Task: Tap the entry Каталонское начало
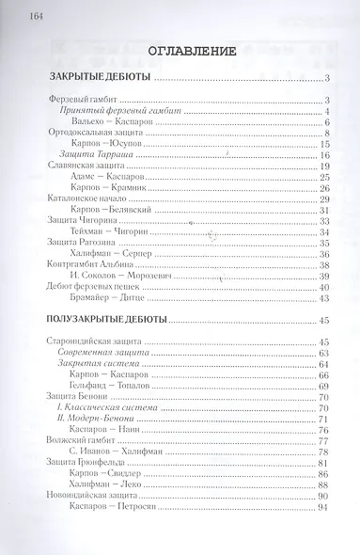point(86,200)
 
